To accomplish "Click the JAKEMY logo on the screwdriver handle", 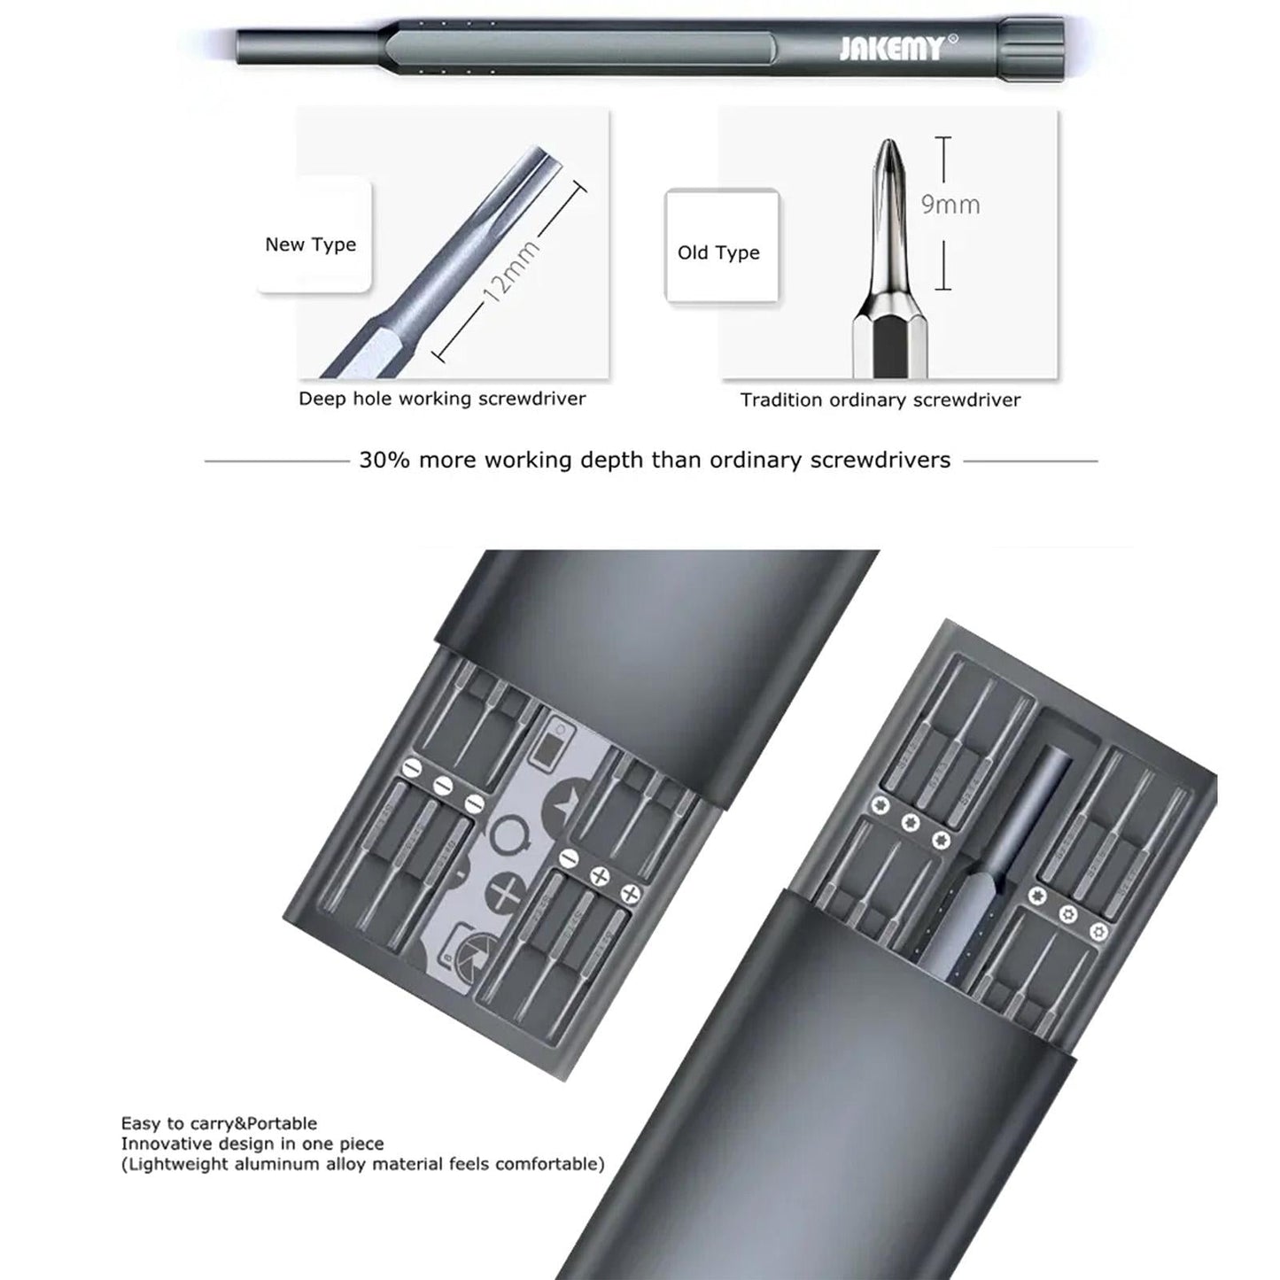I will (x=890, y=48).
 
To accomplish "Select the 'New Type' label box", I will (x=311, y=244).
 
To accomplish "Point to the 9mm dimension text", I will (x=950, y=205).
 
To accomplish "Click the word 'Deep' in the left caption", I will (x=322, y=399).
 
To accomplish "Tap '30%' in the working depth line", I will (x=384, y=461).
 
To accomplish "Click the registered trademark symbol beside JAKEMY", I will (x=953, y=39).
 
